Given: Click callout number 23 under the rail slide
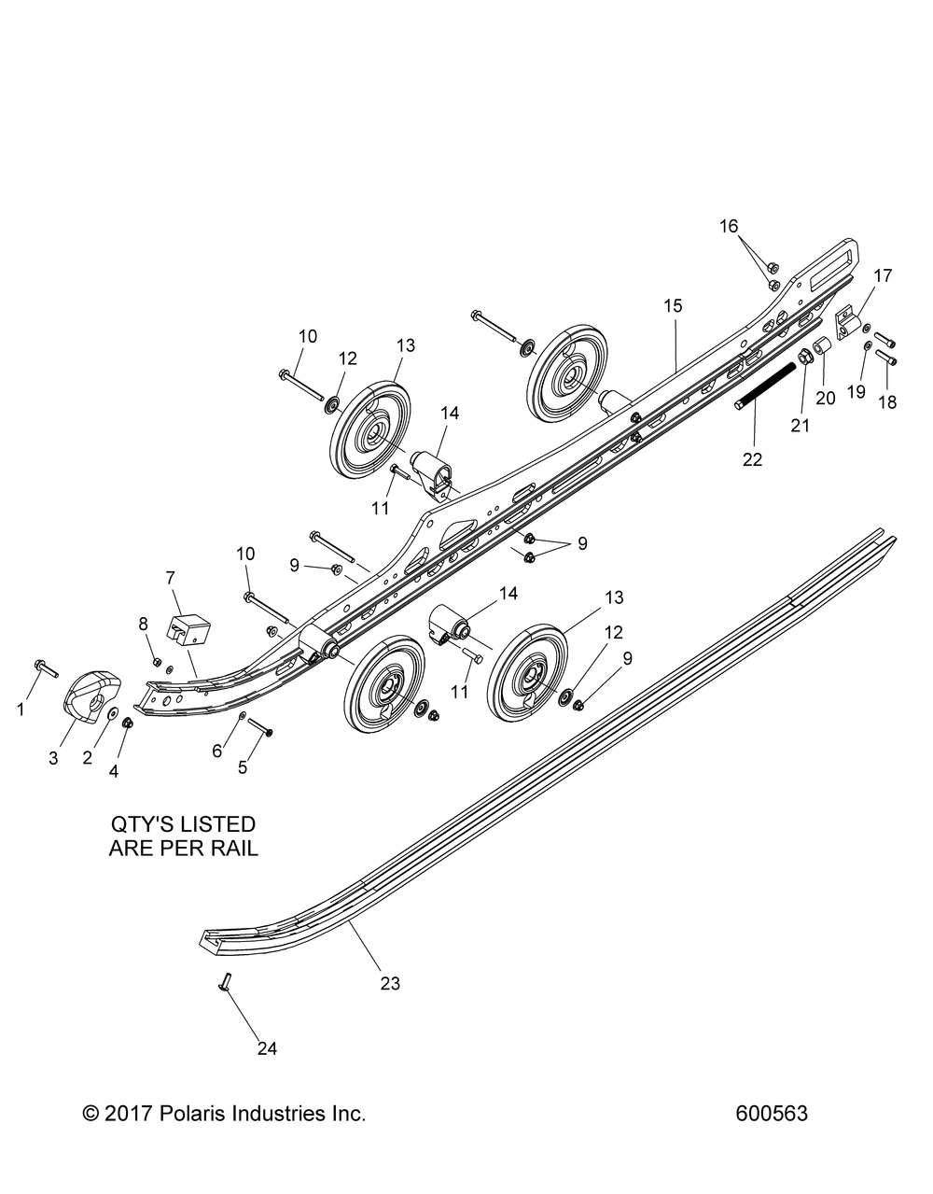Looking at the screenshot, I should coord(389,982).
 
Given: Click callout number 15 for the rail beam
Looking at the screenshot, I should coord(673,305).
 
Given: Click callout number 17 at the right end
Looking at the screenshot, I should coord(883,275).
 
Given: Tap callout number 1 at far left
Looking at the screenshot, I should coord(21,709).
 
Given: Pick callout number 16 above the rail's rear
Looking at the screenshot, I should coord(754,252).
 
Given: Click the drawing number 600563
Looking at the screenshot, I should coord(771,1114).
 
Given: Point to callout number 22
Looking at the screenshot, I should coord(751,458).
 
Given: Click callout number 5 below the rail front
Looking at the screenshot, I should coord(243,767).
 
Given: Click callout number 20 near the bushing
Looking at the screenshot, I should coord(827,398).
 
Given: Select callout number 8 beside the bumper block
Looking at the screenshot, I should coord(143,624).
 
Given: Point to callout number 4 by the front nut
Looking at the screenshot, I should coord(114,771).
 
